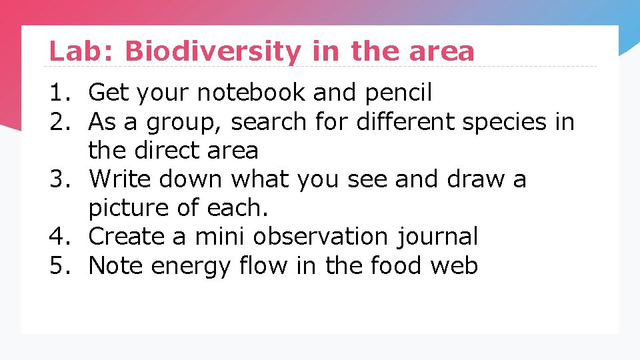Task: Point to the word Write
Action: coord(123,179)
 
